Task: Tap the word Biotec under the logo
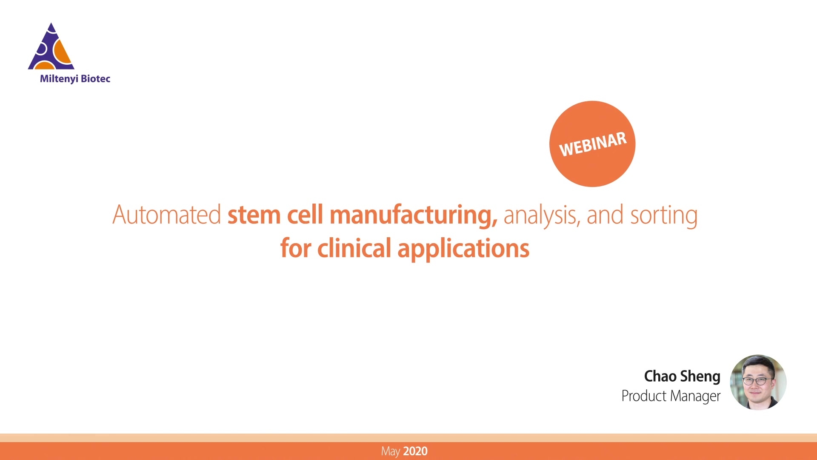96,78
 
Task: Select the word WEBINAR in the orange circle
593,144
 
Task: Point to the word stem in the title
254,215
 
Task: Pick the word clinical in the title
354,248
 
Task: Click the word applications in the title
463,249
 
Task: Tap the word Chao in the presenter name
660,376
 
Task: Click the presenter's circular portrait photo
758,382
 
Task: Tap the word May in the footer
391,451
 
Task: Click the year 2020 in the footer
415,451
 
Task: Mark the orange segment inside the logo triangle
63,53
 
